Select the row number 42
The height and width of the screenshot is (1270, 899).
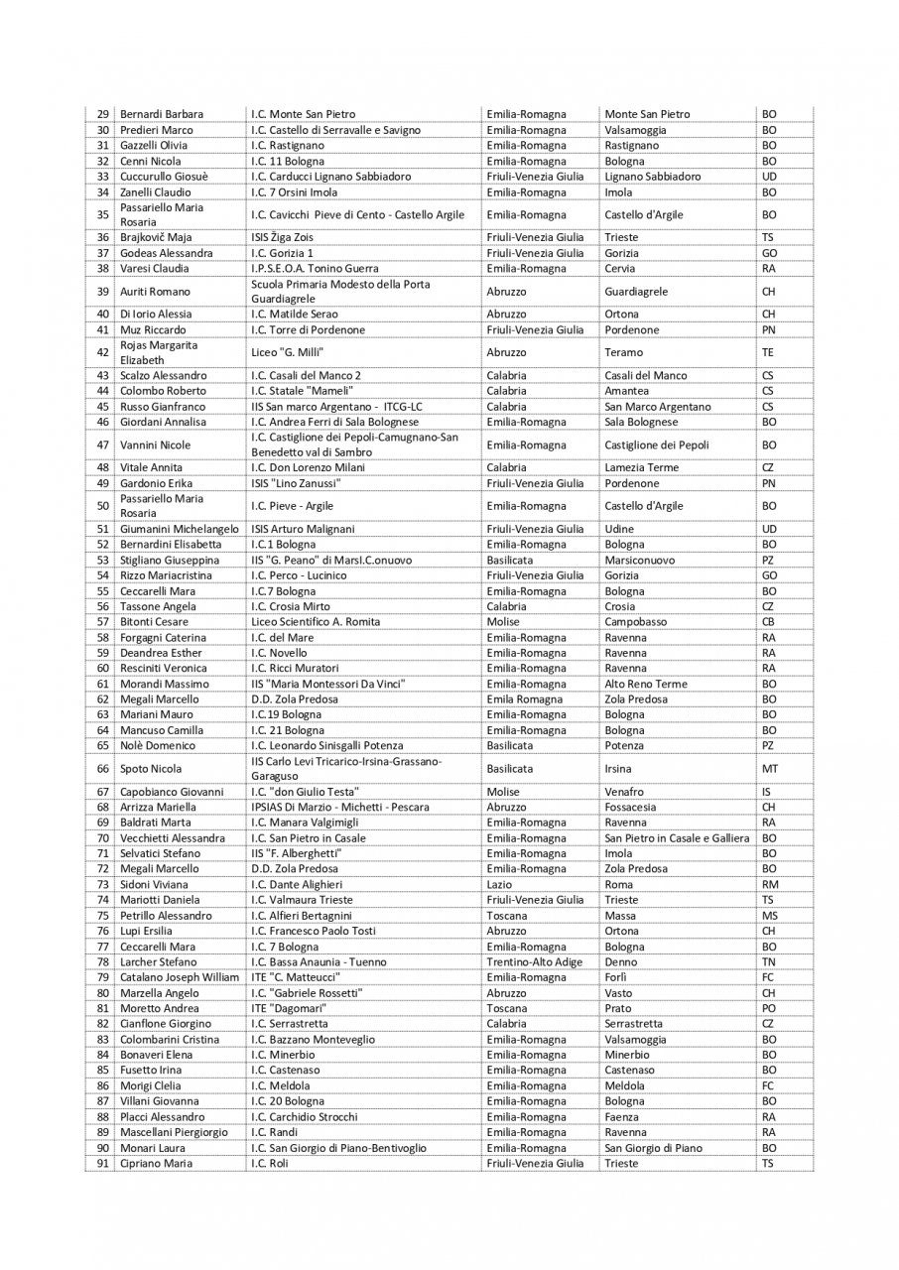[x=102, y=352]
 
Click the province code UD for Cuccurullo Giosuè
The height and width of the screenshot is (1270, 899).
[x=769, y=177]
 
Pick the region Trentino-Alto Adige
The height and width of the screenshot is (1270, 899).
[x=536, y=961]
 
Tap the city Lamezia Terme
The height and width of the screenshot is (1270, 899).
[x=642, y=468]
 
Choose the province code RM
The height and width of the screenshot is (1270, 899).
[x=770, y=884]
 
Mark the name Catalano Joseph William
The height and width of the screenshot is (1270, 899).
[x=180, y=977]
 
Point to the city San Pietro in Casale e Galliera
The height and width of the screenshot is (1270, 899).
[x=677, y=838]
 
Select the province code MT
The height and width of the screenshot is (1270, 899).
[x=770, y=769]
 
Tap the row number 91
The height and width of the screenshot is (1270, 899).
[x=102, y=1163]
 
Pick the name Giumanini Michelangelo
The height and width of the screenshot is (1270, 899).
[x=180, y=530]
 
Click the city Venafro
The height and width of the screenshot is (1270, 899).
[x=624, y=792]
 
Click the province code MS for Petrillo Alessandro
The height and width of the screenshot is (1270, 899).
[x=770, y=916]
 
